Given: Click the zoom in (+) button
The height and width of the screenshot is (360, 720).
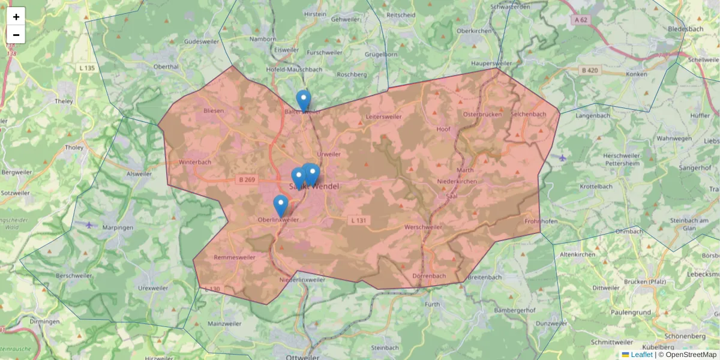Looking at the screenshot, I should (16, 17).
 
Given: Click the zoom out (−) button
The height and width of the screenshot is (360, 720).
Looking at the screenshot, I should (16, 35).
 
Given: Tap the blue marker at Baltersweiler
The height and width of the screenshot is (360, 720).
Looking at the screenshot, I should (304, 101).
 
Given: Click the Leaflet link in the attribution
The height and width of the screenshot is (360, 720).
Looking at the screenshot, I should (641, 355).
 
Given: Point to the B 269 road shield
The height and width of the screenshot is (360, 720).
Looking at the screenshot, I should (246, 179).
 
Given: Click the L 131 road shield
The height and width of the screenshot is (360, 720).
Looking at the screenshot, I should (358, 221).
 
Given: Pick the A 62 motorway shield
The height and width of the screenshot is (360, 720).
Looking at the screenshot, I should (580, 20).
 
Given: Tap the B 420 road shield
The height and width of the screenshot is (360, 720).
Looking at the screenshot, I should (590, 70).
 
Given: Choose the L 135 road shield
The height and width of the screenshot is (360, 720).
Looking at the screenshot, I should (87, 68).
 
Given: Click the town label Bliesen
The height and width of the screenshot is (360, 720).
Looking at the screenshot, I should (214, 111).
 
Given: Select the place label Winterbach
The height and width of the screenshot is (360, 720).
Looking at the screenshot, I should (195, 162).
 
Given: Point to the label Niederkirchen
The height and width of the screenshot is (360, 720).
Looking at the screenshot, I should (457, 181).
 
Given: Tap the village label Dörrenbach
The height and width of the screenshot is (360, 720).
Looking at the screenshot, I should (429, 276).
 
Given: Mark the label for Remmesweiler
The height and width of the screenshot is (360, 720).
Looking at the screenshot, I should (235, 257).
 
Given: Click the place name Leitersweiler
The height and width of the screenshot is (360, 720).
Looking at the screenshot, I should (383, 116).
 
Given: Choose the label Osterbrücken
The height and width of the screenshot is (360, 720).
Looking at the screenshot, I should (482, 114).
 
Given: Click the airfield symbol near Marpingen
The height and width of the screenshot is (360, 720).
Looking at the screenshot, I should (90, 225).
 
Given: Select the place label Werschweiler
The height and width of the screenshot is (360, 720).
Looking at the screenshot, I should (424, 227).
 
